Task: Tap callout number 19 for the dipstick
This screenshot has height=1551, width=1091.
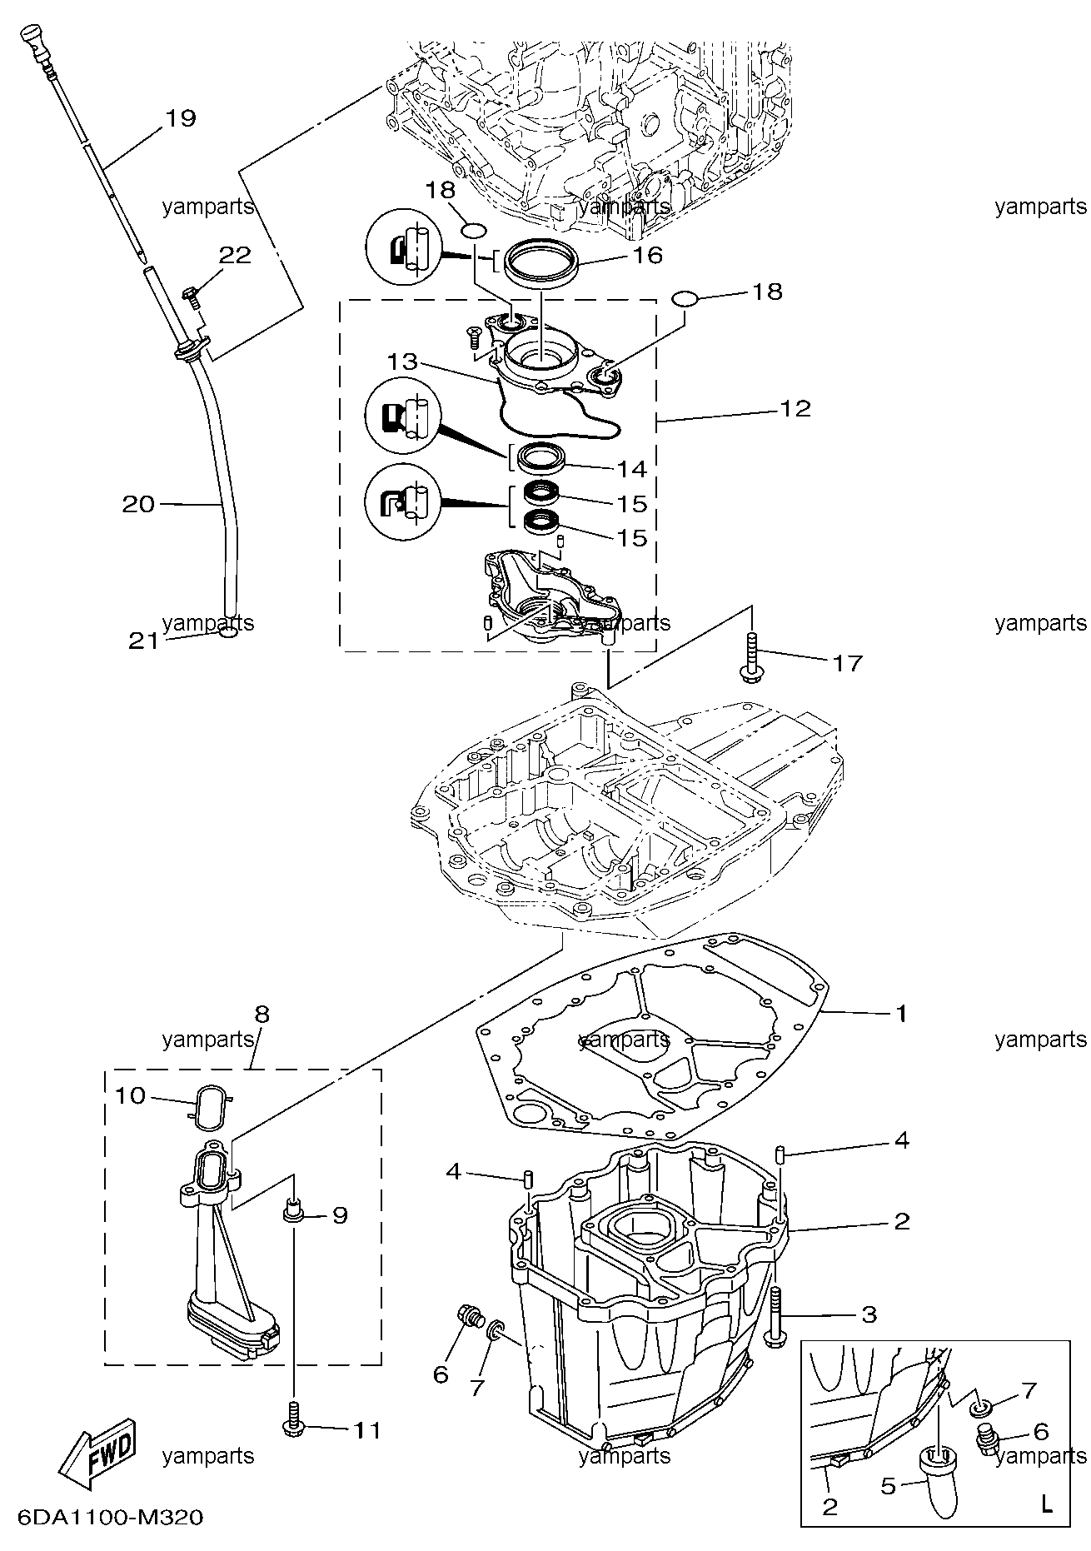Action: click(180, 118)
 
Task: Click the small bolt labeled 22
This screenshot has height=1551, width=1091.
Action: click(191, 296)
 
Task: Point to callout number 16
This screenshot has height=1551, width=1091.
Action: click(646, 255)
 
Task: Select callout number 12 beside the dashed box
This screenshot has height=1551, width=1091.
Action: click(795, 409)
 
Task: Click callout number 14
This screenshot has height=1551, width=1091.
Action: click(631, 469)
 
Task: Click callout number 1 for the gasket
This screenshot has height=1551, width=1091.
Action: click(900, 1014)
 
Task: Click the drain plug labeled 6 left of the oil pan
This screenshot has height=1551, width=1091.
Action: click(468, 1318)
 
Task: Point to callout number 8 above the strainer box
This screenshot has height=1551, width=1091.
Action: click(262, 1015)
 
